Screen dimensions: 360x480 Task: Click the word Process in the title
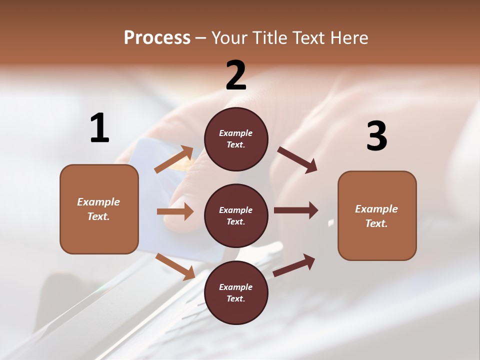click(157, 38)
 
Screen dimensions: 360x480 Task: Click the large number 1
click(99, 128)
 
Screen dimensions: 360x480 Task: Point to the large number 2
click(236, 75)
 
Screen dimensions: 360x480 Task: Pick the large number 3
click(376, 136)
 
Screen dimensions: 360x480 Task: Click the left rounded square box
click(99, 209)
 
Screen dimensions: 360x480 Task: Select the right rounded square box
click(377, 216)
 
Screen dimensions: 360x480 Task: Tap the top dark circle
click(236, 139)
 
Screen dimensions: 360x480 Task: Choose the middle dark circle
click(236, 215)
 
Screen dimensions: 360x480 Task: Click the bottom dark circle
click(236, 292)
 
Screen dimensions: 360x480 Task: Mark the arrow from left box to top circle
click(174, 159)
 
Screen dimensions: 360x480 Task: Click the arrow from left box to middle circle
click(175, 211)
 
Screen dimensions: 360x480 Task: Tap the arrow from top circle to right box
click(297, 160)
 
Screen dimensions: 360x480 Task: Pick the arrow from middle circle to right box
click(296, 210)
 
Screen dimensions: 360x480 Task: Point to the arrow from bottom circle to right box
click(294, 265)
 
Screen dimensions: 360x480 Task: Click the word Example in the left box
click(98, 202)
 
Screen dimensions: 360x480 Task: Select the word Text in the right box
click(376, 223)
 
